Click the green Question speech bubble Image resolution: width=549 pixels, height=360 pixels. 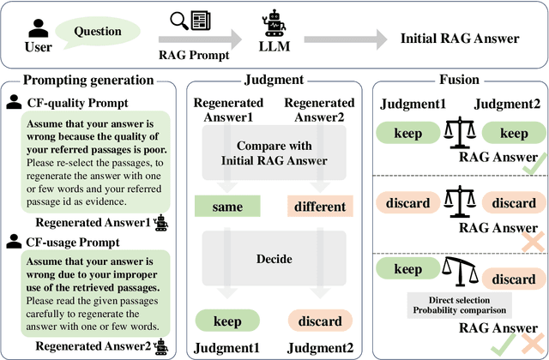tap(97, 32)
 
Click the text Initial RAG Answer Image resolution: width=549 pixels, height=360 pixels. tap(449, 39)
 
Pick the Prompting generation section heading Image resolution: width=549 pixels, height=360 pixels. tap(87, 80)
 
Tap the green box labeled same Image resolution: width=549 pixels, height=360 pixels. tap(228, 206)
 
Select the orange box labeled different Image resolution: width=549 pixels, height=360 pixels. tap(320, 206)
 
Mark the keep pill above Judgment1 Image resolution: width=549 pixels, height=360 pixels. tap(228, 321)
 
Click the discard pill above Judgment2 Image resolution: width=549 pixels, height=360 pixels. tap(319, 321)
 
